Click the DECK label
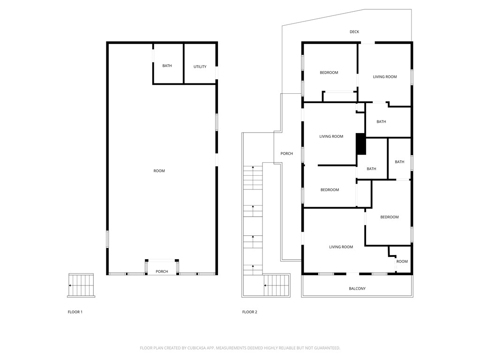point(354,32)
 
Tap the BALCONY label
point(357,289)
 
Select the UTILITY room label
point(200,67)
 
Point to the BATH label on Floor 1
point(167,66)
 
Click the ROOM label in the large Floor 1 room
point(159,171)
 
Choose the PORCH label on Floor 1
point(162,272)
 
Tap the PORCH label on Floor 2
point(286,154)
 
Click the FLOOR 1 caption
point(75,312)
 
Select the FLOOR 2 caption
point(249,312)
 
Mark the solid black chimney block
point(360,144)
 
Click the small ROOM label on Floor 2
point(402,262)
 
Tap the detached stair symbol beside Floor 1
point(81,285)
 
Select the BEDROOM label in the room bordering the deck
point(329,73)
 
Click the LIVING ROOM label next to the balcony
point(341,247)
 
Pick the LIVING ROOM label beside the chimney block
point(331,137)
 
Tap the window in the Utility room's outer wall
point(217,73)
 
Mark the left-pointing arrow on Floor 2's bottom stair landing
point(266,285)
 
